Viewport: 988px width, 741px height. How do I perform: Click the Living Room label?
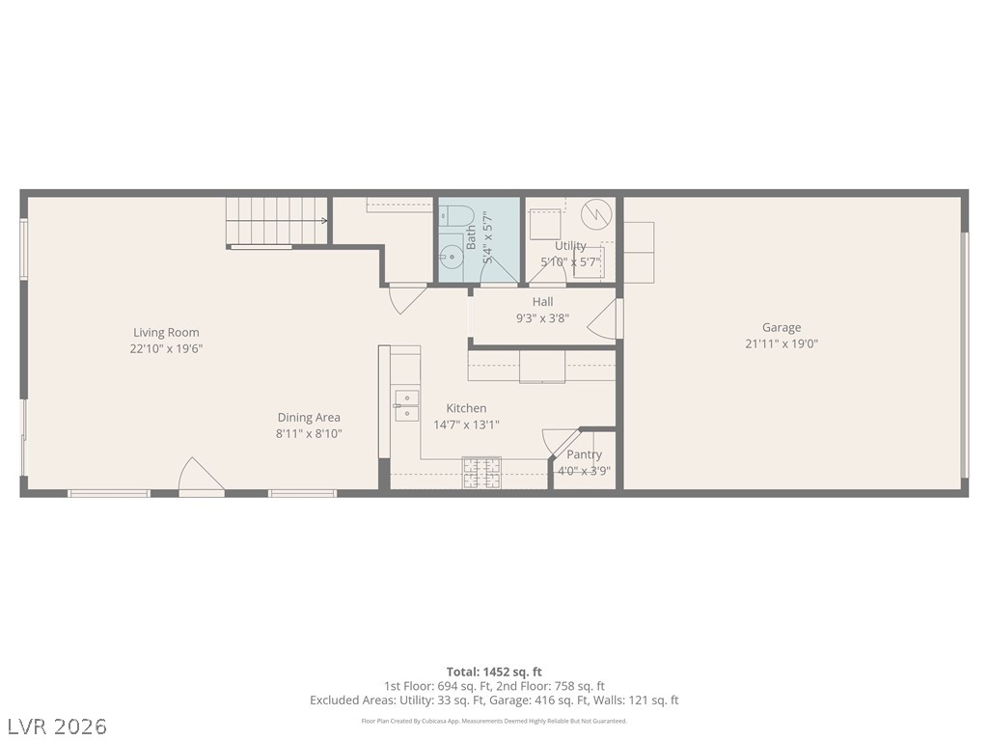pos(166,333)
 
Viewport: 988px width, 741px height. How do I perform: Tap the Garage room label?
pos(782,328)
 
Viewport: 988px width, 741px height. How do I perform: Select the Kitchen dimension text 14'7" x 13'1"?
pos(466,425)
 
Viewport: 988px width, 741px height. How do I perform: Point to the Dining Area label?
pos(309,417)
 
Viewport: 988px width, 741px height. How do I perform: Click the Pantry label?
pos(584,454)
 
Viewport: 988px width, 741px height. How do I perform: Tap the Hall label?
pos(542,302)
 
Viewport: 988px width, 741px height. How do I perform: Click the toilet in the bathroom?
pos(456,215)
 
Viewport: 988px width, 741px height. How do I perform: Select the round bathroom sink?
pos(452,257)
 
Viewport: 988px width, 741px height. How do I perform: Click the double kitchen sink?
pos(406,405)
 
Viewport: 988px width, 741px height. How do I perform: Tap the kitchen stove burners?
pos(482,473)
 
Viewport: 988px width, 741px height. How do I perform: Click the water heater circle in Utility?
pos(596,215)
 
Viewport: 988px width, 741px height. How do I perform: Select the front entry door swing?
pos(201,475)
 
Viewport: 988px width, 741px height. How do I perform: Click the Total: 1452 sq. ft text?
pos(494,672)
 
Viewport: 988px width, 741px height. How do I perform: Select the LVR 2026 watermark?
pos(54,727)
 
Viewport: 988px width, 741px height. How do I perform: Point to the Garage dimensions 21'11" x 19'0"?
pos(782,344)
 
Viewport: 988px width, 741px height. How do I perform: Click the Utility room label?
pos(570,246)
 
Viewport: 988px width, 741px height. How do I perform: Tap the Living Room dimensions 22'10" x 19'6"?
pos(166,349)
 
